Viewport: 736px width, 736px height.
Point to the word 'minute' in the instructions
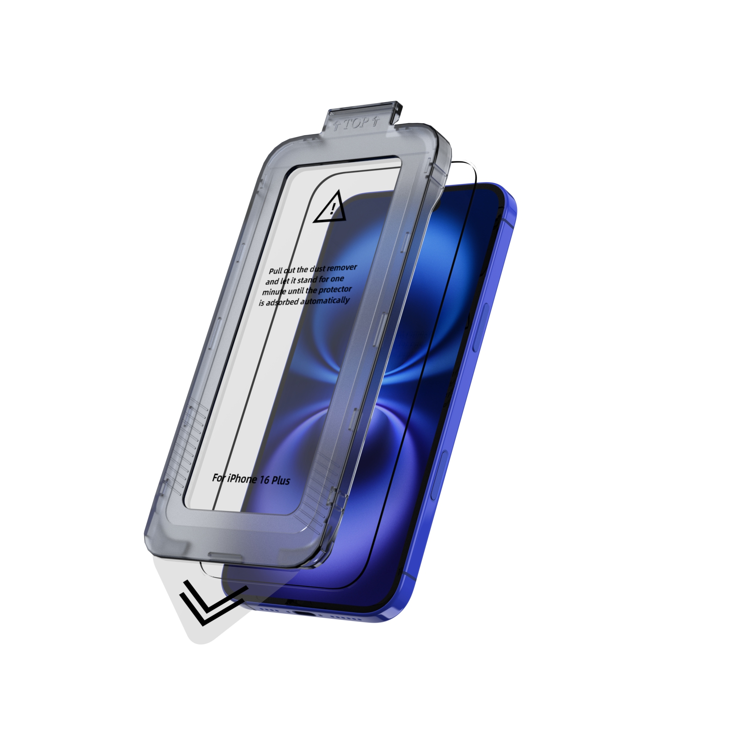tap(275, 292)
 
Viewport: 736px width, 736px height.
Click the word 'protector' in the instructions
tap(335, 289)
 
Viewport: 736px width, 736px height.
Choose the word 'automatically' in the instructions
tap(325, 301)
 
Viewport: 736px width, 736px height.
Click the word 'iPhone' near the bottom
tap(241, 479)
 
